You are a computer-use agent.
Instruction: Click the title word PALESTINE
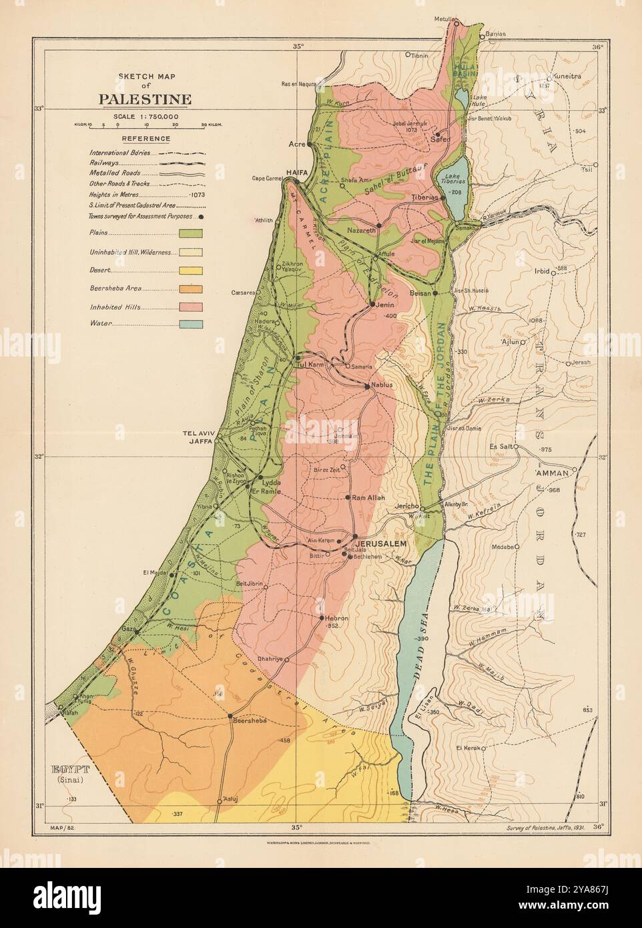(145, 100)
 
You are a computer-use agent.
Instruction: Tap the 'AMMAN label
(551, 472)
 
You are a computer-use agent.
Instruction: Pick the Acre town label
(296, 144)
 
